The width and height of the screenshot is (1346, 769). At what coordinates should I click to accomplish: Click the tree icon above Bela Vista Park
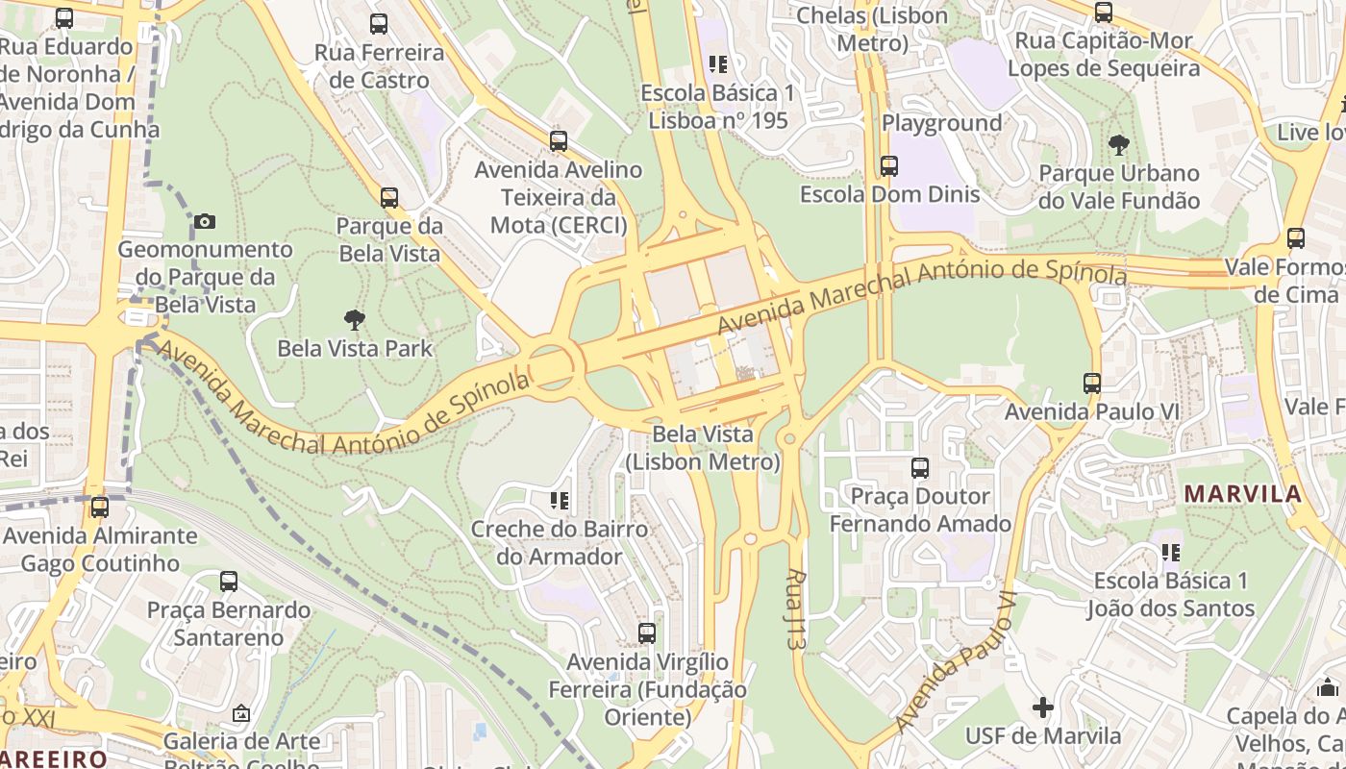point(355,320)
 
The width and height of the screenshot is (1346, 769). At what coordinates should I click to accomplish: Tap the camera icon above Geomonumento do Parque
point(204,222)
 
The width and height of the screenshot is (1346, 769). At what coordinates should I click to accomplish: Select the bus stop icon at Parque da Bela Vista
point(389,198)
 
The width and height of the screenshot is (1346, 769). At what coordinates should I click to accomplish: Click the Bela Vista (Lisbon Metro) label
point(703,448)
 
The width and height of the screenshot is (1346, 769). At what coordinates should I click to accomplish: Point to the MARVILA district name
point(1242,494)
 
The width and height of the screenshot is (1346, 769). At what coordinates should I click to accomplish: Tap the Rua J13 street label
point(794,608)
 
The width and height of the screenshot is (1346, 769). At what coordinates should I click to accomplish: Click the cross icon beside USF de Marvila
point(1043,708)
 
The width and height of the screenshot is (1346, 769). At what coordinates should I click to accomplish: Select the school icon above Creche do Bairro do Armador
point(559,501)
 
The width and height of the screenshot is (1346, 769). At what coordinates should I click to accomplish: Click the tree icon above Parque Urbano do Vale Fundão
point(1118,145)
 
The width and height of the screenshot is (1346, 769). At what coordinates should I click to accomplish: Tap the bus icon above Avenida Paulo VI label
point(1092,384)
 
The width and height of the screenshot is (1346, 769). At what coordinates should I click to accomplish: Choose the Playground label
point(941,123)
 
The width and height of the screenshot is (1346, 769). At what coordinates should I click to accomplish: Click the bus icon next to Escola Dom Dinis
point(889,166)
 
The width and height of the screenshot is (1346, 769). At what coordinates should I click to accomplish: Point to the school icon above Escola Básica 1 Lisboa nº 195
point(717,64)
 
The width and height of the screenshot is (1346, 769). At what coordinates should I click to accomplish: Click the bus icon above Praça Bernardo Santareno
point(229,582)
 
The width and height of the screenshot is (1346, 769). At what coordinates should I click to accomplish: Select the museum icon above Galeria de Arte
point(241,713)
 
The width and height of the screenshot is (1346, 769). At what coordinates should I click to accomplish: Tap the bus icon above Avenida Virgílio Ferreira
point(647,633)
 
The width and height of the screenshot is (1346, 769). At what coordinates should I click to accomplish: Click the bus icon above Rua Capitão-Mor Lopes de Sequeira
point(1104,12)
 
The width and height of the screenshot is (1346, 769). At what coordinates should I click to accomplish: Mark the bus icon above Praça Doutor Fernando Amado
point(920,468)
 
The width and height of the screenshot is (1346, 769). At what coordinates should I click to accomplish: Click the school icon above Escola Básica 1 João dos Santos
point(1170,553)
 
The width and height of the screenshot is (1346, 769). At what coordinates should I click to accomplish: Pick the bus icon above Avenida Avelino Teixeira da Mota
point(559,141)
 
